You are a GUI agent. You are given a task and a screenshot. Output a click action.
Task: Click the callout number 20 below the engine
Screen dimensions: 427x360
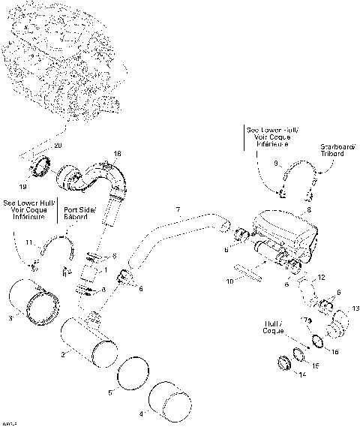point(59,144)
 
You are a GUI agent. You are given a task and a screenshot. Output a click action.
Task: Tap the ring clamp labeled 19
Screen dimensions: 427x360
point(40,163)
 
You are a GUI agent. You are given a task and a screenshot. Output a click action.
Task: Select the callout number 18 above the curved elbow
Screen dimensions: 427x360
point(117,154)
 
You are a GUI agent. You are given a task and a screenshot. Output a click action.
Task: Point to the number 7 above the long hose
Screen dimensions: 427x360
point(178,208)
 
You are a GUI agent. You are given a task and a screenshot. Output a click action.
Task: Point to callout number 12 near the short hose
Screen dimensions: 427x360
point(322,278)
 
